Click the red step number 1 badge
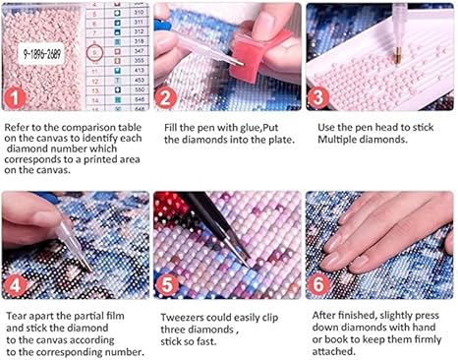(x=15, y=97)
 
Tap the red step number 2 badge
(x=166, y=97)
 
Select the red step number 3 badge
(x=317, y=97)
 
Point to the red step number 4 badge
(x=15, y=286)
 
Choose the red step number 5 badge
(x=167, y=285)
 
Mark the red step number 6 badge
(x=317, y=284)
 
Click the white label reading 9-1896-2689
(x=41, y=53)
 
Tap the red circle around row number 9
(x=95, y=53)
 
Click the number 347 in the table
(x=139, y=51)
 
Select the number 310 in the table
(x=139, y=12)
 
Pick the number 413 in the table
(x=139, y=70)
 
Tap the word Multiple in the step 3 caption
(x=337, y=140)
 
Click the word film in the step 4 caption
(x=115, y=316)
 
